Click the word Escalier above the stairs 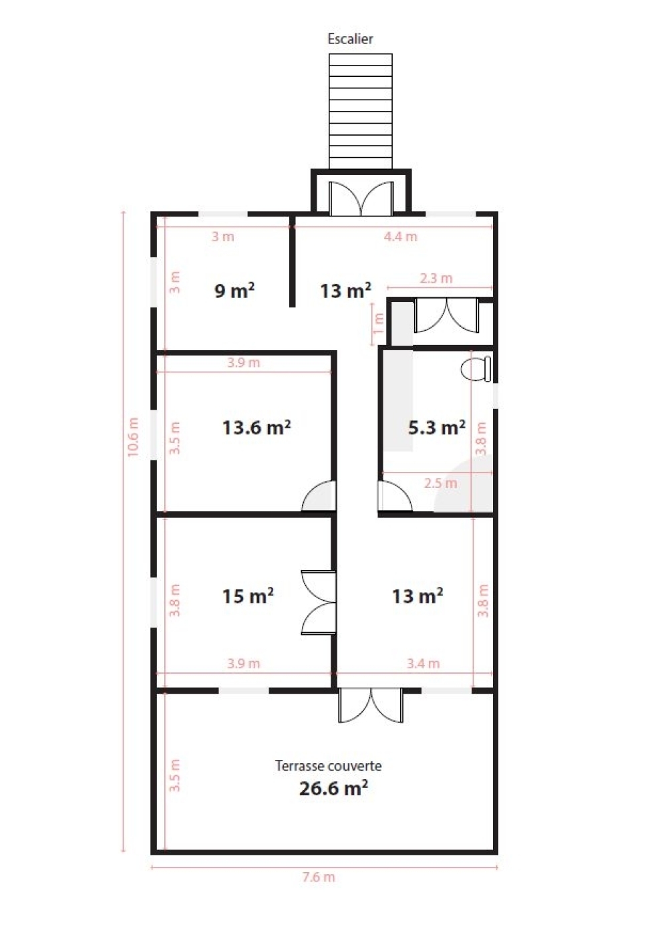[x=350, y=39]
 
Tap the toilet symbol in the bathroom [x=476, y=368]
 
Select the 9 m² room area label [x=234, y=290]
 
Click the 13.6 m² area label [x=257, y=427]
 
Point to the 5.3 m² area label [x=436, y=427]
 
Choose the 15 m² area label [x=248, y=595]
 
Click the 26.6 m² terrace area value [x=333, y=788]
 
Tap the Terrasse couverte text [x=328, y=765]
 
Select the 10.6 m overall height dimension [x=133, y=437]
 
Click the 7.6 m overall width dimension [x=319, y=877]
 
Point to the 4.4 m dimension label [x=400, y=237]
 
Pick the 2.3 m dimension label [x=436, y=278]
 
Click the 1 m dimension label [x=378, y=323]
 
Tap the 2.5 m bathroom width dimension [x=440, y=483]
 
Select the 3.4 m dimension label [x=423, y=663]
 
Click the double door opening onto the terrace [x=371, y=705]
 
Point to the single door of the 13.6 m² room [x=319, y=495]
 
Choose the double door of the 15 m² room [x=319, y=602]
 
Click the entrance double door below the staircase [x=361, y=198]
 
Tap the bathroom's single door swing [x=395, y=495]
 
